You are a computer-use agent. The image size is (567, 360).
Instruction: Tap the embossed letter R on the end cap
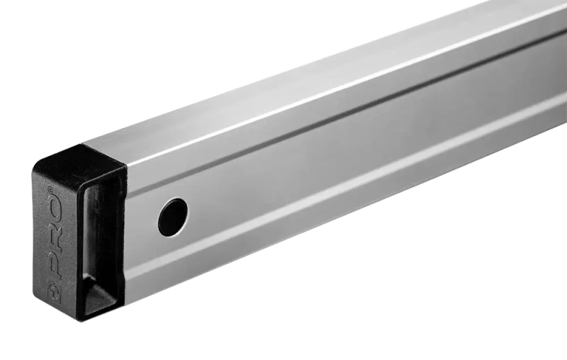coord(56,240)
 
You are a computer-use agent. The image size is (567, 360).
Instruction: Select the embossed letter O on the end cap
coord(55,210)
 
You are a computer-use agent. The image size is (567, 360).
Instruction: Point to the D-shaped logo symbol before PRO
coord(55,291)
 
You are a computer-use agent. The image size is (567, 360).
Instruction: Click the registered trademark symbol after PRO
coord(50,189)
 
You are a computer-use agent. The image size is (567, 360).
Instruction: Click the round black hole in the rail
coord(173,218)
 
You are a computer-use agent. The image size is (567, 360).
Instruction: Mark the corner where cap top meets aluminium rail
coord(82,145)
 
